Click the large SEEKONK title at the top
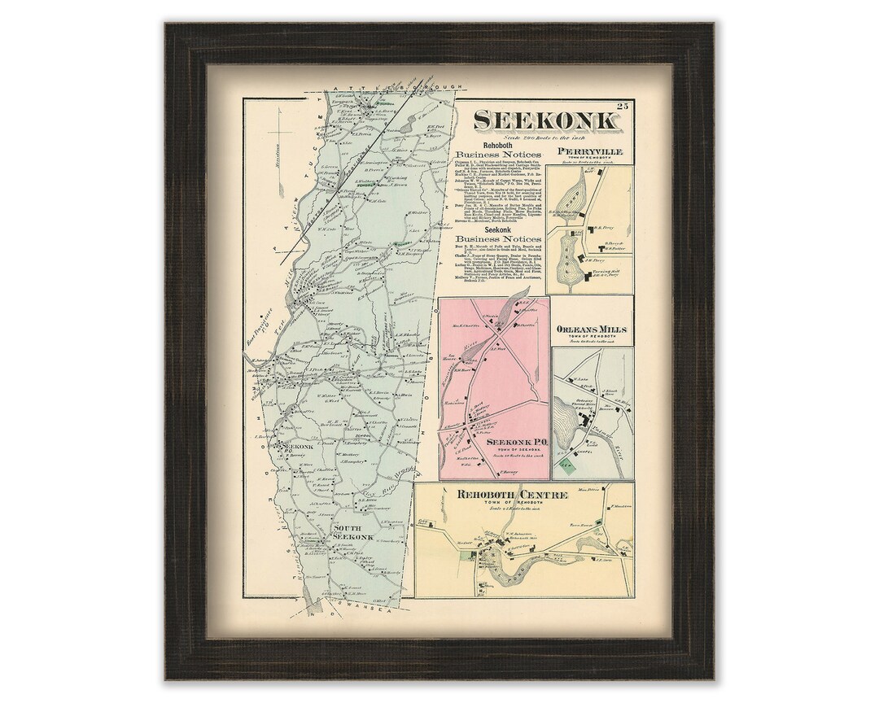point(544,120)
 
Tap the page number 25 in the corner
point(623,106)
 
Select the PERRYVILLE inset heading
point(590,151)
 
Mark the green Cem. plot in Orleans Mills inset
point(566,467)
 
